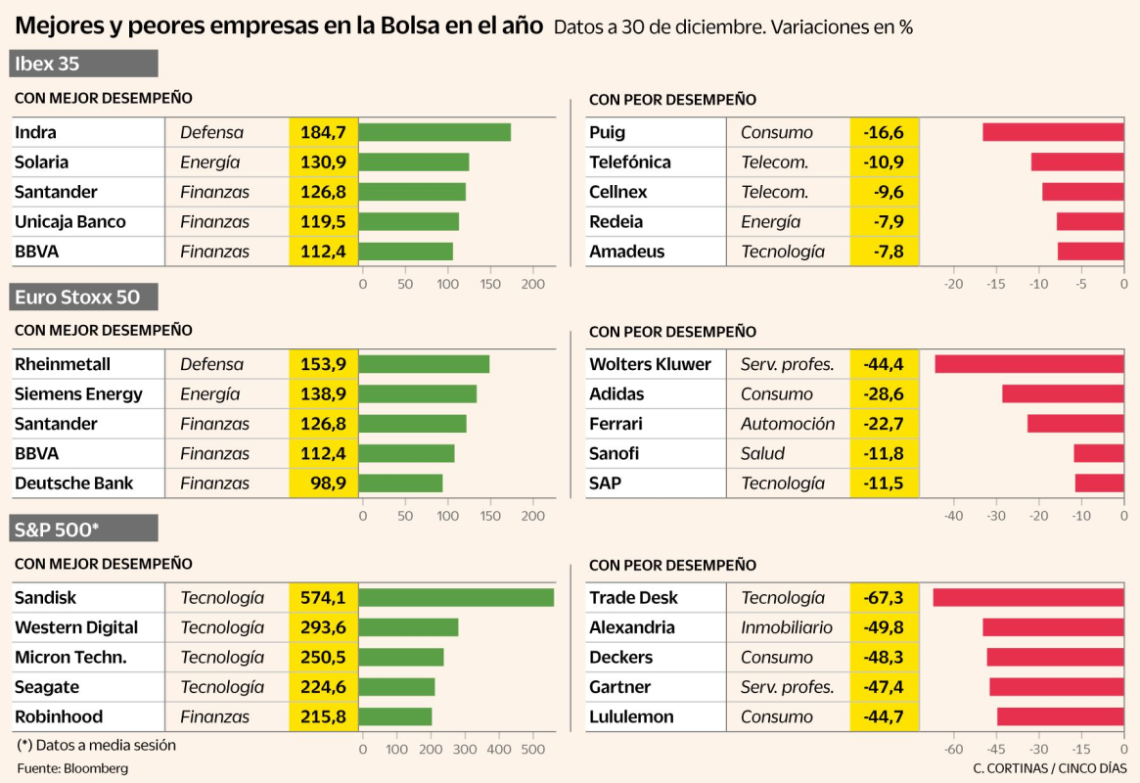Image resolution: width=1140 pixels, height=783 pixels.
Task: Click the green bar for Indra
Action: pos(434,132)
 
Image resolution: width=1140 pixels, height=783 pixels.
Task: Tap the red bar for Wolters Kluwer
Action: pos(1028,364)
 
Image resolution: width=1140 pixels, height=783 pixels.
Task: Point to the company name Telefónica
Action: pos(629,162)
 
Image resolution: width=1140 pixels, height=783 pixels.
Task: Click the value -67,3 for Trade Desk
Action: pos(884,597)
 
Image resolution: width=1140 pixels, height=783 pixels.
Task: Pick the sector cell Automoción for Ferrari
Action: pos(788,424)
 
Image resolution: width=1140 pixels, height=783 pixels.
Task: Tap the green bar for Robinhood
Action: pos(395,716)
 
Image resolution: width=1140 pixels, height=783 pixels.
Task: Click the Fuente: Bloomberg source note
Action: pos(72,768)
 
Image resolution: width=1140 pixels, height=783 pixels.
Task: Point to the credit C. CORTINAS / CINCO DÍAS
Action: pos(1049,768)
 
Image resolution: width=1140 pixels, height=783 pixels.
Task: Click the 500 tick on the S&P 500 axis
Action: pos(532,750)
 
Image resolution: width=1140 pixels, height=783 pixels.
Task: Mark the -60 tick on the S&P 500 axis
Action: pos(953,750)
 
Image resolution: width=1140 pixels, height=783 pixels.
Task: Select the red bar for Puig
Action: pos(1053,132)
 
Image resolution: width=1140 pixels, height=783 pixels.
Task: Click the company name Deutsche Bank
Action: pos(73,484)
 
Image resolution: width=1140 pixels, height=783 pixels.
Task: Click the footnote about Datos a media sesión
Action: pos(97,745)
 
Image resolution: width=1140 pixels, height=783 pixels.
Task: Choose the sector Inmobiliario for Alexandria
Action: pos(787,627)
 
